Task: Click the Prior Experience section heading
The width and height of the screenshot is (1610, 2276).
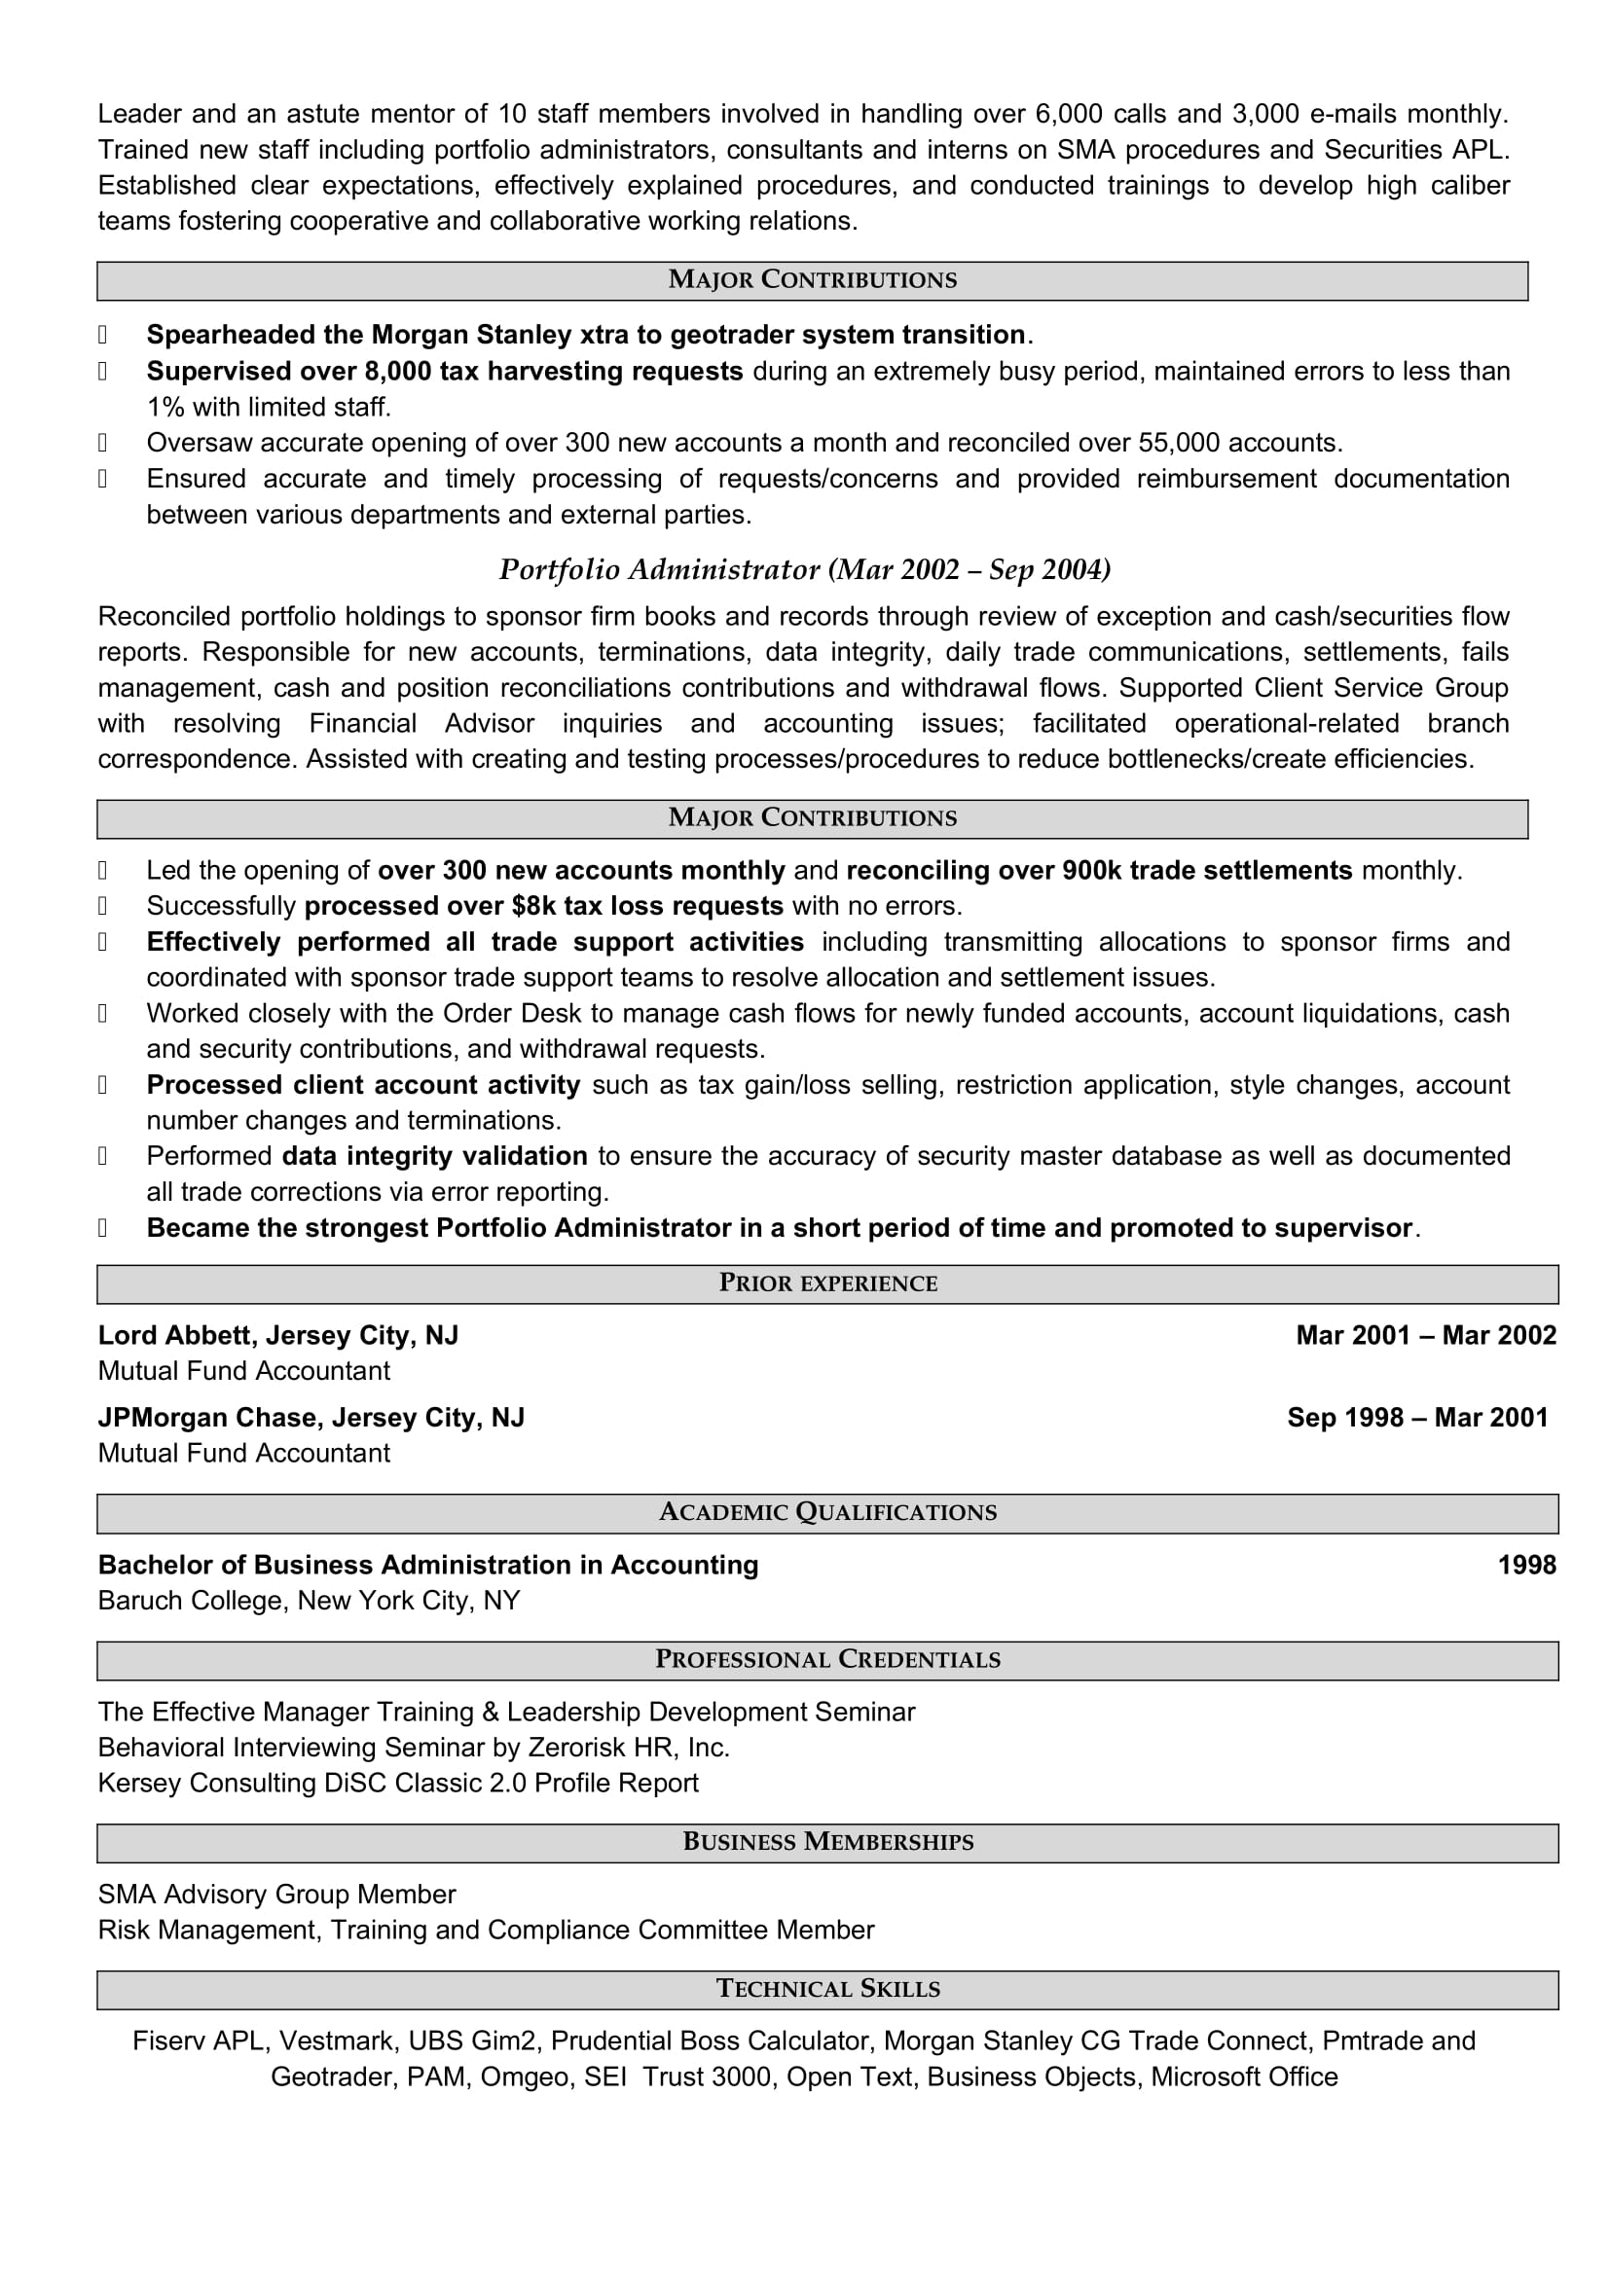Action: [827, 1283]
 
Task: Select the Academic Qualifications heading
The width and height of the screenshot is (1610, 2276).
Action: [827, 1513]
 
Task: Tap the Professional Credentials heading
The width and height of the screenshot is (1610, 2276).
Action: [827, 1660]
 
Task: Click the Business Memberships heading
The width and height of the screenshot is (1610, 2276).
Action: [827, 1843]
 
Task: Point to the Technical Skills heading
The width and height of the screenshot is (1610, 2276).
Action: [827, 1990]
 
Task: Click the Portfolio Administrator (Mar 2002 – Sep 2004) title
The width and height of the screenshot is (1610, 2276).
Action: [804, 570]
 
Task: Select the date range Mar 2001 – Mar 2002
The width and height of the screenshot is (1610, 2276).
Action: [1426, 1336]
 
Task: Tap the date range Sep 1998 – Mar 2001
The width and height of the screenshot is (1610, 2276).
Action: [1416, 1419]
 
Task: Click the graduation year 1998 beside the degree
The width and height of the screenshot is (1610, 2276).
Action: [1526, 1566]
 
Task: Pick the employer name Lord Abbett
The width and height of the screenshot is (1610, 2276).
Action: [174, 1336]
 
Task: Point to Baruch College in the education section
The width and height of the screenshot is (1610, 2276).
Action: [190, 1601]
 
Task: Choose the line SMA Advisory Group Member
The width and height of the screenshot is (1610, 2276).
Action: [276, 1895]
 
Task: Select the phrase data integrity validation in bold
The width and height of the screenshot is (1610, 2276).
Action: [434, 1157]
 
